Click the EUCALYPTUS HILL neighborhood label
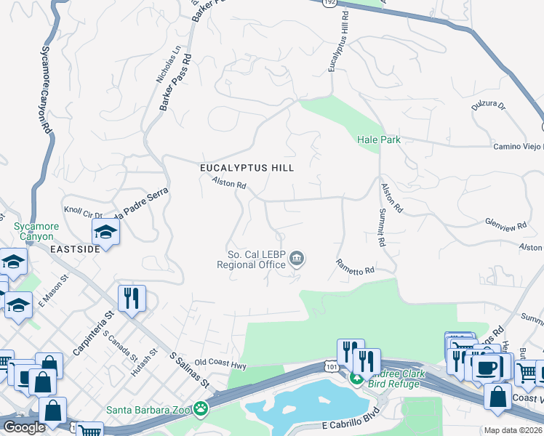[247, 168]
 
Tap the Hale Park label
[379, 140]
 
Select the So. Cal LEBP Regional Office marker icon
[297, 258]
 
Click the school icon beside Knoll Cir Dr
[105, 233]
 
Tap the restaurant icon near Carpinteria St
[132, 297]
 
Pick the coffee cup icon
[487, 366]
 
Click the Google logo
[24, 427]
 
